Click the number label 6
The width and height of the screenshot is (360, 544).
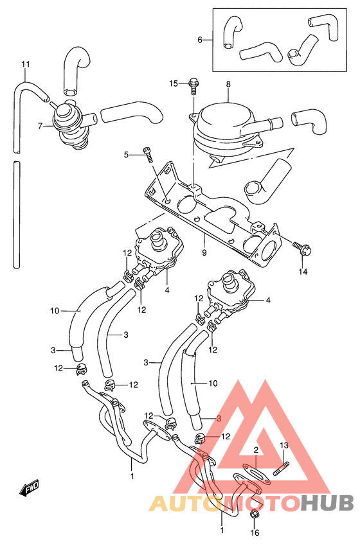pyautogui.click(x=200, y=40)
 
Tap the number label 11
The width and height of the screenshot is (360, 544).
pyautogui.click(x=26, y=64)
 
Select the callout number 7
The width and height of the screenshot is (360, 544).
pyautogui.click(x=40, y=126)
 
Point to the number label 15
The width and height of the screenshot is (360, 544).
pyautogui.click(x=174, y=83)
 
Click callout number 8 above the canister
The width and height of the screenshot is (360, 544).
pyautogui.click(x=228, y=83)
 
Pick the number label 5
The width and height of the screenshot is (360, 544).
pyautogui.click(x=127, y=154)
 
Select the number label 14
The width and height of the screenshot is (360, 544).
pyautogui.click(x=302, y=272)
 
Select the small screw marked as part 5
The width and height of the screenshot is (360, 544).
pyautogui.click(x=149, y=154)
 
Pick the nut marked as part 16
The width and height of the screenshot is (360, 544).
pyautogui.click(x=255, y=516)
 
